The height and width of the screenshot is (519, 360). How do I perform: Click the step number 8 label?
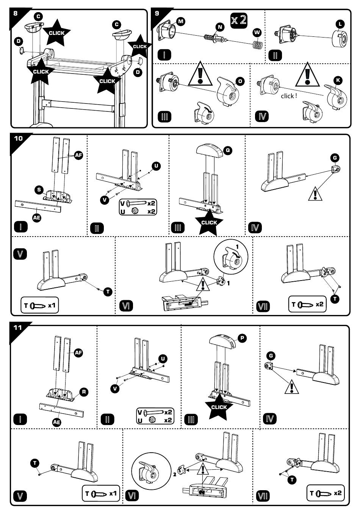(15, 13)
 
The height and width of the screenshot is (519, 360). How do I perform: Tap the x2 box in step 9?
(239, 19)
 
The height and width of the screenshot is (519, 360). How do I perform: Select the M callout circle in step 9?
(181, 21)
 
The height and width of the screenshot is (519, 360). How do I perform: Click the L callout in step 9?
(340, 24)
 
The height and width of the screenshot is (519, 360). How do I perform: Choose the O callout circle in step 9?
(240, 81)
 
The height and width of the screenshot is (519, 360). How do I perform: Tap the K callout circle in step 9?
(338, 80)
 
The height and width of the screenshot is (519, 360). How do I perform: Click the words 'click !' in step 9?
(289, 96)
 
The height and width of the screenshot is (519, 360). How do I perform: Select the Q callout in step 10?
(228, 150)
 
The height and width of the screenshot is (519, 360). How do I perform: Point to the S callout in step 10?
(39, 190)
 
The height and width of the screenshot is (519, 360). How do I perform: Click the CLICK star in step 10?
(209, 222)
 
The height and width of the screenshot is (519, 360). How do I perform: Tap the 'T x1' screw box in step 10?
(40, 305)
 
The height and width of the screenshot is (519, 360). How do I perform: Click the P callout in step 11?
(242, 339)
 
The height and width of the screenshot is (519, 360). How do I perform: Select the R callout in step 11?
(84, 392)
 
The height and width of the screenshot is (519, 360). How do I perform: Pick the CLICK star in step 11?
(219, 407)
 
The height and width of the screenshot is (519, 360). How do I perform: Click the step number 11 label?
(18, 328)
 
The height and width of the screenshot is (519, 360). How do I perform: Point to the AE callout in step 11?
(57, 422)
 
